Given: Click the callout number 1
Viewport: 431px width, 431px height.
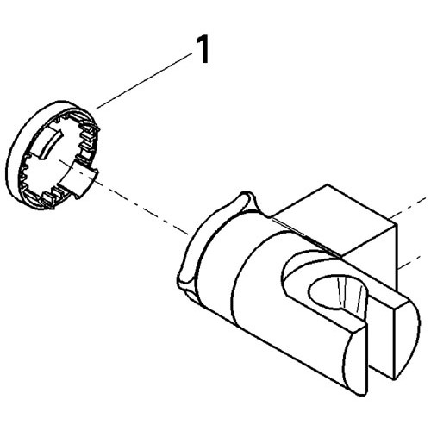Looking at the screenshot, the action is (x=202, y=51).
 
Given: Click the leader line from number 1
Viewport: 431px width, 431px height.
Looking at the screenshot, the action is (x=144, y=81).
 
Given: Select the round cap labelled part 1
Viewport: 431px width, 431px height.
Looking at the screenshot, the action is (x=53, y=155).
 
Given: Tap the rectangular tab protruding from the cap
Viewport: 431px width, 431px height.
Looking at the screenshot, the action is (x=78, y=182).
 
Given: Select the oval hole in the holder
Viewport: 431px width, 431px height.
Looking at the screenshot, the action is (x=338, y=295).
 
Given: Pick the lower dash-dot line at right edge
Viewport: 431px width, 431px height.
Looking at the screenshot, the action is (x=410, y=262).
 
